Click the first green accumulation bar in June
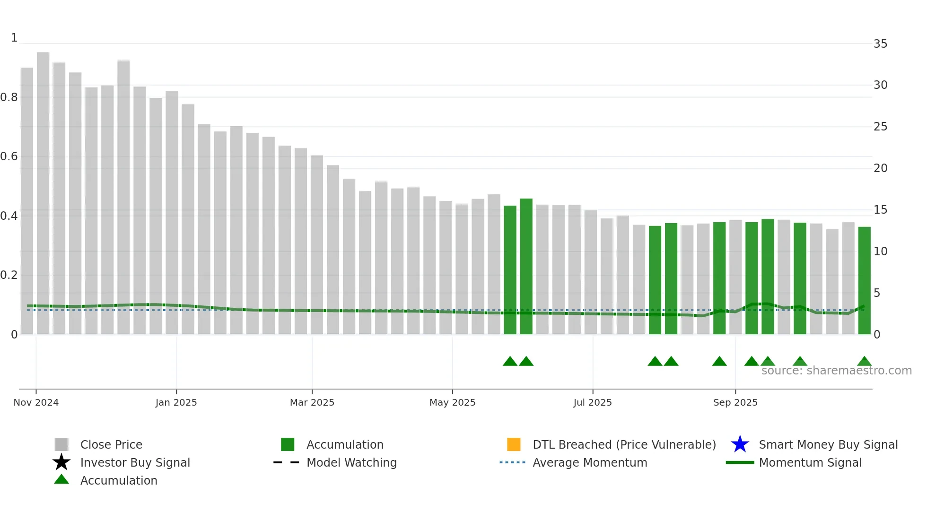click(x=510, y=270)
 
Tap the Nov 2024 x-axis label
click(x=36, y=402)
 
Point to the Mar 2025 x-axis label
click(x=312, y=402)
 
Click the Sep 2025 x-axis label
click(x=735, y=402)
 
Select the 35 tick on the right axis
click(x=880, y=44)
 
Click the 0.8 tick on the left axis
click(x=9, y=97)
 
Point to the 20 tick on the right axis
click(x=880, y=168)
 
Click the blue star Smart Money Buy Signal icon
click(x=740, y=444)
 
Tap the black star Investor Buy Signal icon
click(x=61, y=462)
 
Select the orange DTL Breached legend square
click(x=514, y=444)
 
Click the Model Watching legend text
click(x=351, y=462)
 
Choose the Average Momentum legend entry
click(x=589, y=462)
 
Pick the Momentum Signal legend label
click(x=810, y=462)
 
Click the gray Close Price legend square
click(x=61, y=444)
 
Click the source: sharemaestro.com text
click(x=836, y=371)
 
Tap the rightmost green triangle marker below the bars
click(x=864, y=362)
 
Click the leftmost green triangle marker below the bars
click(x=510, y=362)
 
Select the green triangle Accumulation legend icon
click(x=61, y=479)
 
